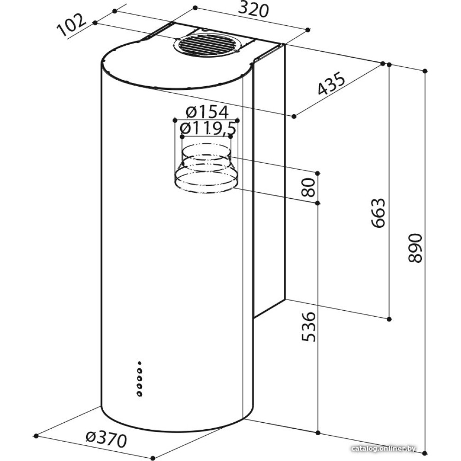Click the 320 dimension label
click(x=254, y=10)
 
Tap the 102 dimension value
click(x=72, y=25)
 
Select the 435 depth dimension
click(x=331, y=83)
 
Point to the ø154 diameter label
click(x=207, y=112)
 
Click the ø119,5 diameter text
click(x=208, y=128)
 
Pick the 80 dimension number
click(x=308, y=187)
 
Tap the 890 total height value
click(x=415, y=248)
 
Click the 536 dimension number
click(x=309, y=327)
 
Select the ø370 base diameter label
click(x=106, y=439)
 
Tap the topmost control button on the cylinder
click(x=140, y=363)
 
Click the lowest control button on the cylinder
click(x=140, y=394)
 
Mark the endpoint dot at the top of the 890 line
click(x=425, y=71)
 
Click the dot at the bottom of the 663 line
click(x=389, y=319)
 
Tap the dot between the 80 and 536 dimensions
click(x=317, y=203)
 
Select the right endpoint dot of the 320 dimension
click(x=308, y=30)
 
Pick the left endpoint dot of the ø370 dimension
click(x=36, y=436)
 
